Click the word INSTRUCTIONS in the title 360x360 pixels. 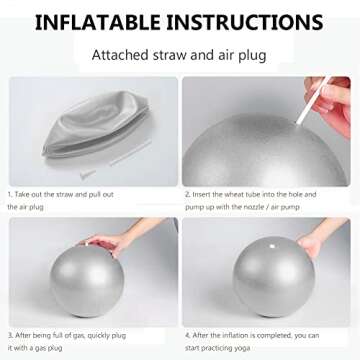(x=249, y=21)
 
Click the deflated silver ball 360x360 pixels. (x=85, y=125)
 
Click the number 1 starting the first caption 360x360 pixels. (x=10, y=194)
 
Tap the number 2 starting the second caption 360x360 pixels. (x=187, y=194)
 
